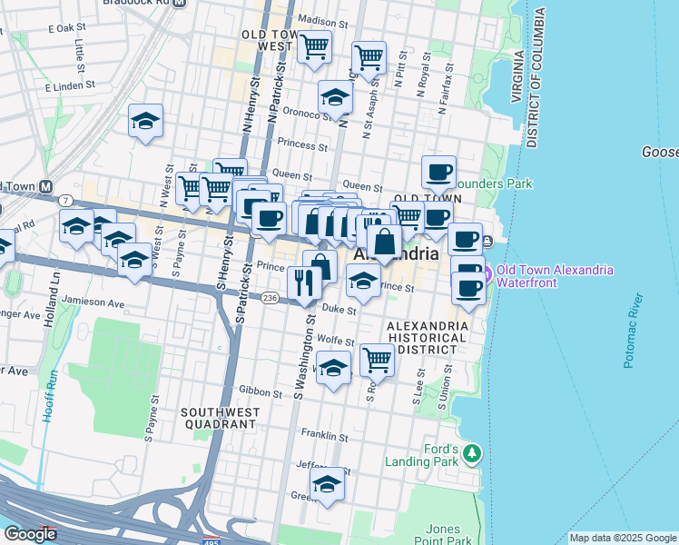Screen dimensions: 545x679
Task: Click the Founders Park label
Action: [x=493, y=183]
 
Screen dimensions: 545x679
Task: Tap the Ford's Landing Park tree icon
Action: [x=471, y=452]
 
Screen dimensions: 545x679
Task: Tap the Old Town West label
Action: [x=267, y=40]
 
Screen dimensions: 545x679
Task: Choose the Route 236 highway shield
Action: [x=270, y=298]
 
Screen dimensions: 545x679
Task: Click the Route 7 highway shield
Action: [x=66, y=199]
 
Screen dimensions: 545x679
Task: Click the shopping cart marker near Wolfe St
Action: [x=377, y=360]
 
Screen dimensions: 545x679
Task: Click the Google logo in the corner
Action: [x=30, y=534]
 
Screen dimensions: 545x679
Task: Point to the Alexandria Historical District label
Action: [x=427, y=337]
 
